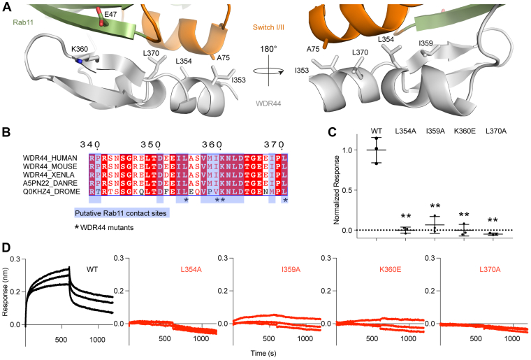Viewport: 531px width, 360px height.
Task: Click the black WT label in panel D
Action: (x=91, y=268)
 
